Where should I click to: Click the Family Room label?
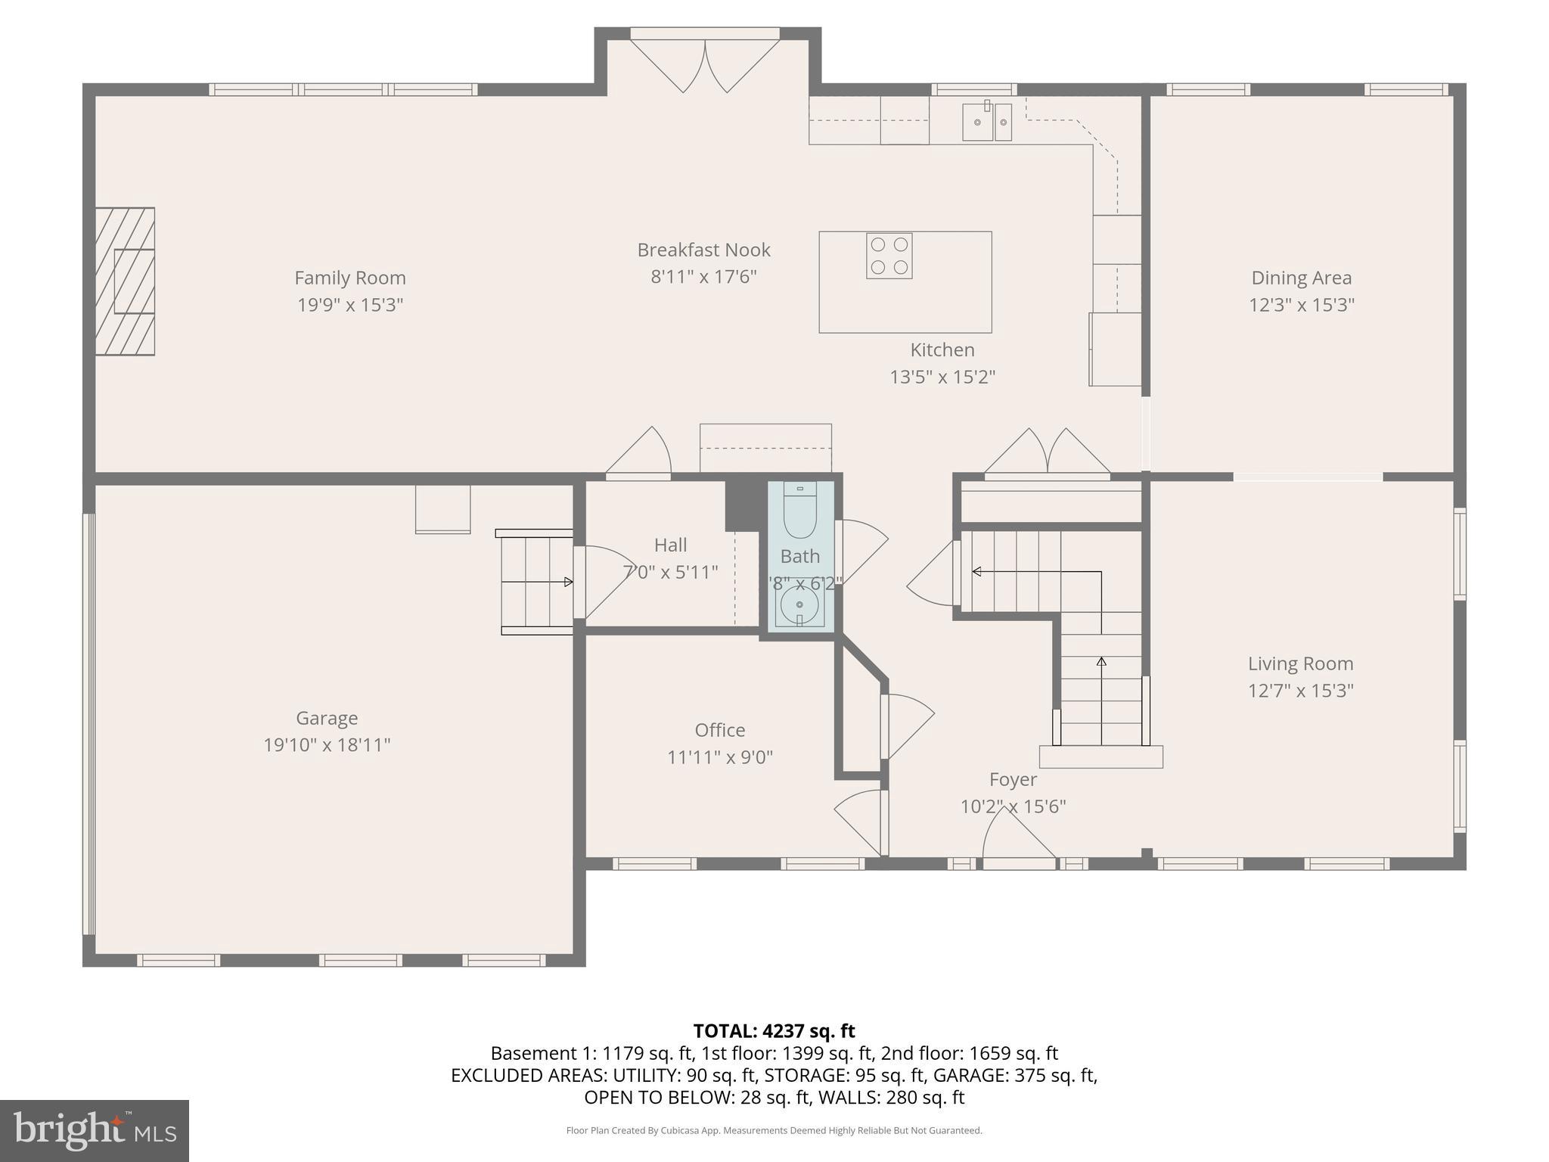[349, 278]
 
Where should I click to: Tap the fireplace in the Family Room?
[126, 281]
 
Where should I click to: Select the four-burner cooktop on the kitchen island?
[889, 256]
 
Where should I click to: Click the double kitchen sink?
[986, 122]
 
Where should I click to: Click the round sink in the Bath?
[799, 605]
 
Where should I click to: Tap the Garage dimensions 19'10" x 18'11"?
[327, 745]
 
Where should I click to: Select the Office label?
[719, 730]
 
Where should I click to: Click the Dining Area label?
[1301, 278]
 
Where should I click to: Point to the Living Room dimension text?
[1300, 691]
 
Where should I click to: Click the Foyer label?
[1013, 779]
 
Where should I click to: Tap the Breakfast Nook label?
[703, 250]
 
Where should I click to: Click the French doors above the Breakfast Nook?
[705, 64]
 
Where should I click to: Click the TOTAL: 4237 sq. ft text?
[774, 1031]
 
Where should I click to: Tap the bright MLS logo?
[94, 1130]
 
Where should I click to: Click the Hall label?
[670, 545]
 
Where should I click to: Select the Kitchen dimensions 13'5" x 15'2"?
[942, 377]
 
